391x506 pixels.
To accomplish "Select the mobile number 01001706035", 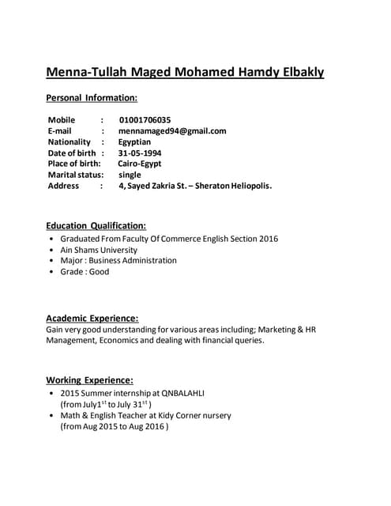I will point(145,120).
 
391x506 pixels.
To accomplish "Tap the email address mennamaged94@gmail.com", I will point(172,131).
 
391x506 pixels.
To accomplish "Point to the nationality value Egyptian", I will point(135,142).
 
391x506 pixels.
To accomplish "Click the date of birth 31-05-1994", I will point(140,153).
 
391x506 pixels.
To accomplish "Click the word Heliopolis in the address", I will point(249,186).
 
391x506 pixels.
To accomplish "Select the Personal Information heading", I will point(92,98).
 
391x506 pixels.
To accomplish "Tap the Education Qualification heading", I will point(96,225).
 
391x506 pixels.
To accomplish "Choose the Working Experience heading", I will point(89,379).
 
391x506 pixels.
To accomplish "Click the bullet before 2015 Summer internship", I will point(51,393).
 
